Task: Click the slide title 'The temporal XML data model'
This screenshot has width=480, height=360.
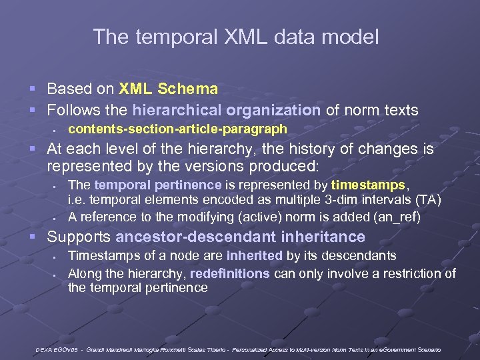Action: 236,37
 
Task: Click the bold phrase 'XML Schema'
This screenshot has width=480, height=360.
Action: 168,89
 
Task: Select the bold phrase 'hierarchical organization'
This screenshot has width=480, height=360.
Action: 226,109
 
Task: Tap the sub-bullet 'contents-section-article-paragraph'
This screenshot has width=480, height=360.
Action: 177,129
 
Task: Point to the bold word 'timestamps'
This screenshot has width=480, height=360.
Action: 369,185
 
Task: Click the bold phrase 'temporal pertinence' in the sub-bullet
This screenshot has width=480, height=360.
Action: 158,185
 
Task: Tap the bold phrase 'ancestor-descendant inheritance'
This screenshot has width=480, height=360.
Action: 240,237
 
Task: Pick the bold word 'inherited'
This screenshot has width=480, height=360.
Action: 255,256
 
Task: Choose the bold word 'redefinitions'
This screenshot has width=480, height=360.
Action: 229,273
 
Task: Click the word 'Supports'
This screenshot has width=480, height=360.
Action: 79,237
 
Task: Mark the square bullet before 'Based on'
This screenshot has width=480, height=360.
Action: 39,89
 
